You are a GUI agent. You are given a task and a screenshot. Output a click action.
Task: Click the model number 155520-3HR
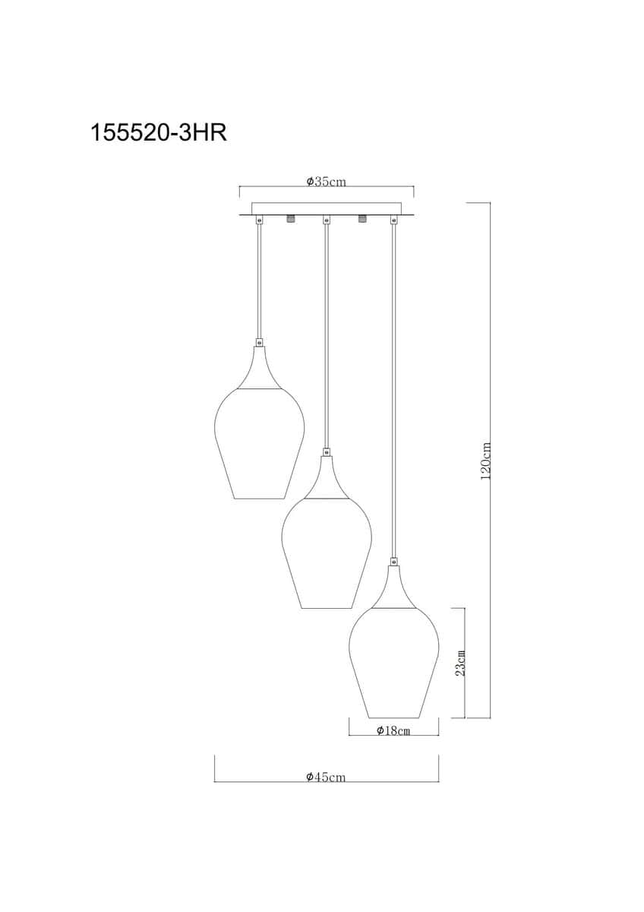[158, 133]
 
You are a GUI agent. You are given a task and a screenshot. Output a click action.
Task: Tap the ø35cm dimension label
[327, 181]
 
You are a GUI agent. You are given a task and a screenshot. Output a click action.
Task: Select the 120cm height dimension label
[486, 461]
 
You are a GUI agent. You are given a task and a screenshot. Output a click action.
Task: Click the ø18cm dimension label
[393, 730]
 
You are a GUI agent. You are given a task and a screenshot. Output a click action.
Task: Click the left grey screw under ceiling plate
[290, 219]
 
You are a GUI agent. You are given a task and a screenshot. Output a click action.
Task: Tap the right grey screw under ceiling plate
[361, 219]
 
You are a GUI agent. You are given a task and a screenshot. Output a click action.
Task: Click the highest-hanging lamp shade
[259, 443]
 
